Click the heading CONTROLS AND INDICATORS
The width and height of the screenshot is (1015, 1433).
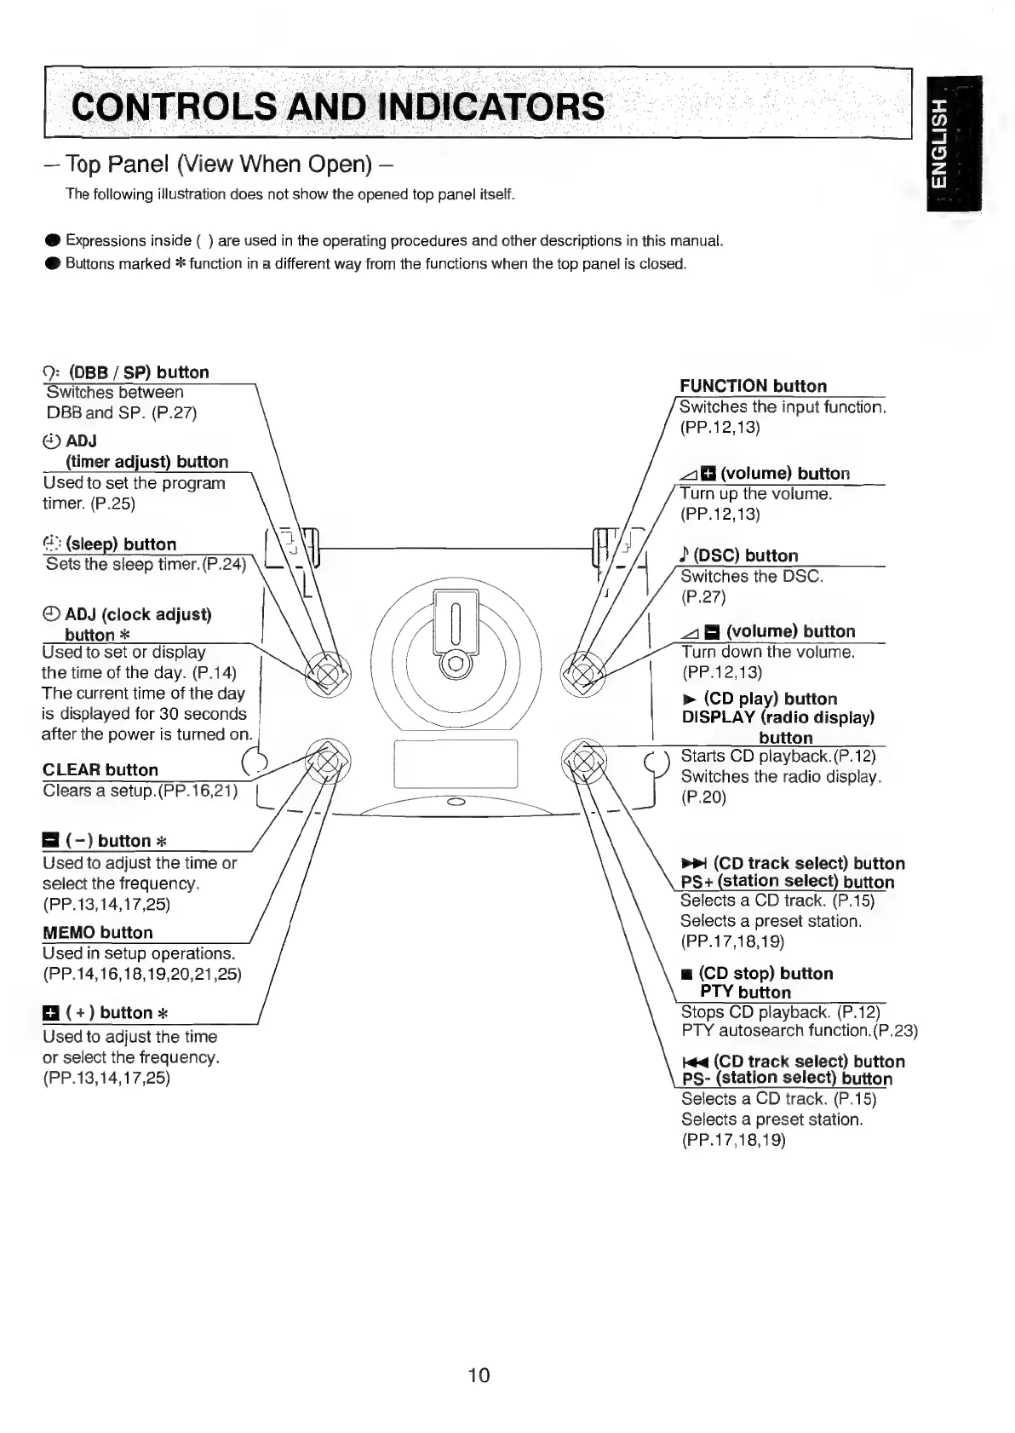[x=339, y=107]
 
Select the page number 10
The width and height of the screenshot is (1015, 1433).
[x=479, y=1375]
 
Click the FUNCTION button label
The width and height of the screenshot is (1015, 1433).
[x=753, y=386]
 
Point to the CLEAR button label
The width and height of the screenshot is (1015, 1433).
[x=100, y=769]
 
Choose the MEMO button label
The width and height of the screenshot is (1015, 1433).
[x=98, y=932]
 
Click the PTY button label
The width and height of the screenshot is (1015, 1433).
[x=745, y=992]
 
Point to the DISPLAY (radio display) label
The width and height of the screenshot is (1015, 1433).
[x=778, y=717]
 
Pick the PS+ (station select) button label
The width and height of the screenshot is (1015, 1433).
[x=788, y=882]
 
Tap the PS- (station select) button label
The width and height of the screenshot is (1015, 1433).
[x=788, y=1079]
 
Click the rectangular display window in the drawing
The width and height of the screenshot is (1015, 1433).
[x=456, y=763]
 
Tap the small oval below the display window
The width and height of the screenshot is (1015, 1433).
[x=456, y=802]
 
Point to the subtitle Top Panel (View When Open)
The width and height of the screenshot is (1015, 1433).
[x=216, y=164]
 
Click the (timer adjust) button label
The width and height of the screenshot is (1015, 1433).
[x=146, y=462]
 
